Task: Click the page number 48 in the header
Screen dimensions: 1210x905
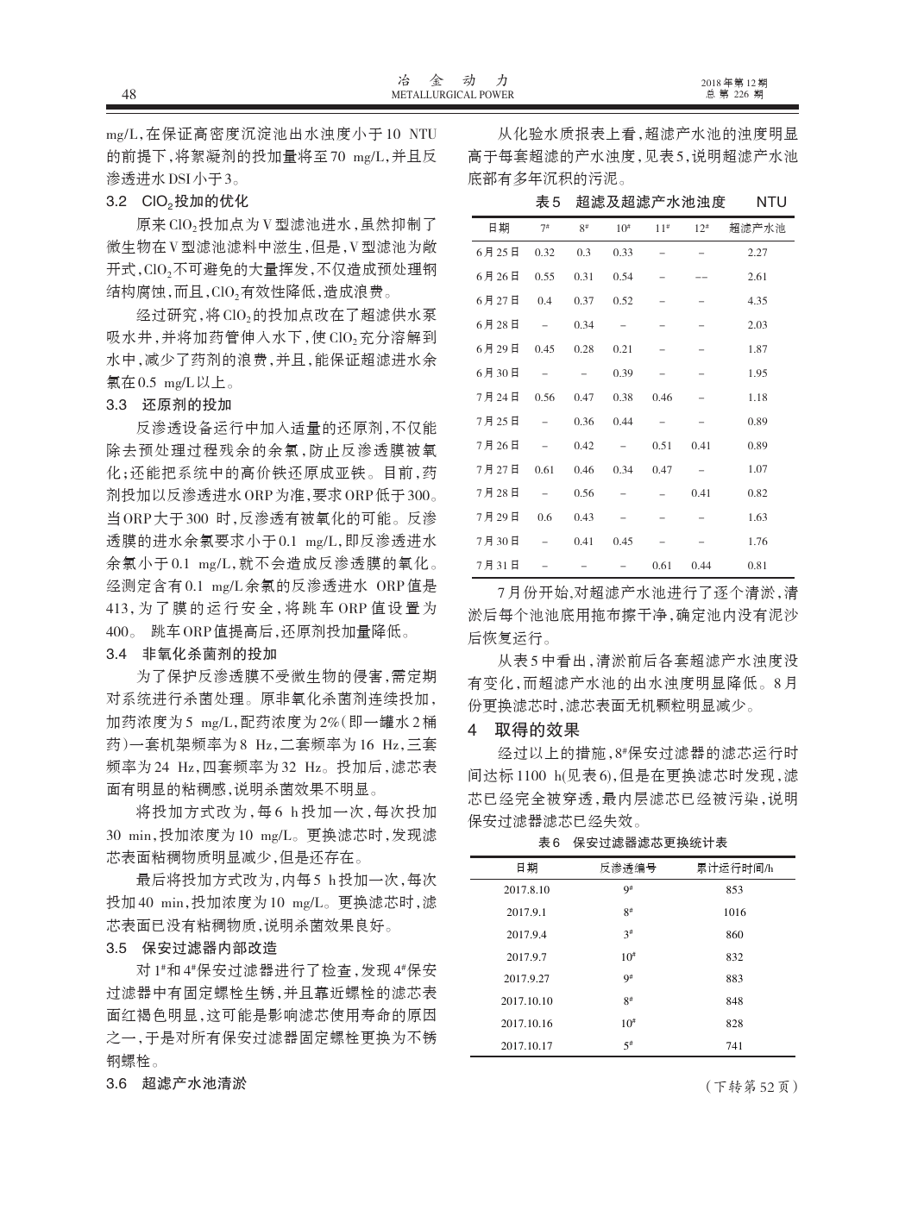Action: click(x=129, y=94)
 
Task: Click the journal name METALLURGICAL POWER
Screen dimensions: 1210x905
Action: click(x=452, y=95)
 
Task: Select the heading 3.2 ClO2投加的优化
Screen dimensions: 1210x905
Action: click(x=177, y=202)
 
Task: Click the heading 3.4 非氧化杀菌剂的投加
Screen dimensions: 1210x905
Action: click(x=192, y=652)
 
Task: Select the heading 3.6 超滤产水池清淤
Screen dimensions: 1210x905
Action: click(x=176, y=1082)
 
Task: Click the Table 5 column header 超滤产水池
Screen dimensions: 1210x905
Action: click(x=757, y=229)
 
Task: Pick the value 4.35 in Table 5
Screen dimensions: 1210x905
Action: click(x=757, y=301)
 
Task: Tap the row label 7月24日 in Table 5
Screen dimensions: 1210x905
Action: click(x=498, y=398)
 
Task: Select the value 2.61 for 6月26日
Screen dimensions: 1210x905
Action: click(x=757, y=277)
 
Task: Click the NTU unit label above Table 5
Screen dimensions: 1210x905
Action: click(x=770, y=203)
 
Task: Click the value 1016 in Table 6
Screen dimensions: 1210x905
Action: click(x=734, y=912)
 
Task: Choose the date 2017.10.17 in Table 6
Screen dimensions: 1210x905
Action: click(x=526, y=1046)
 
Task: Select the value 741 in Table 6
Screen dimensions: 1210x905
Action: click(x=734, y=1046)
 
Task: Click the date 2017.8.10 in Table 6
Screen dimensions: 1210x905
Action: click(x=526, y=889)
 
